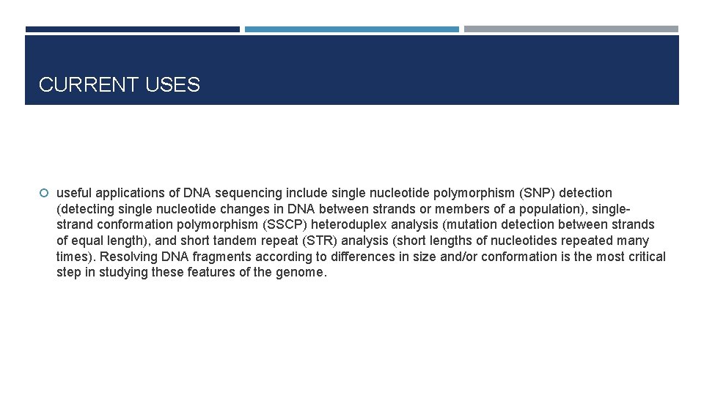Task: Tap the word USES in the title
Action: [x=172, y=85]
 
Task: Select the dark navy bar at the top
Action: [x=132, y=29]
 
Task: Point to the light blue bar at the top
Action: [x=351, y=29]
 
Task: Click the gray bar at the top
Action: [x=571, y=29]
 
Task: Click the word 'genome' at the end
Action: [x=300, y=273]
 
